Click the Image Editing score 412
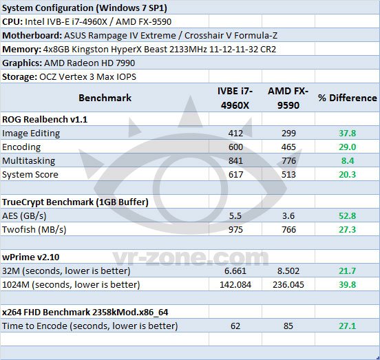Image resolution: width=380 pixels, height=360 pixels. [235, 134]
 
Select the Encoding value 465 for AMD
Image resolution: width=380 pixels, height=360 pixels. [288, 147]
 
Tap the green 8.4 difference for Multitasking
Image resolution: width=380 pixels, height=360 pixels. [348, 160]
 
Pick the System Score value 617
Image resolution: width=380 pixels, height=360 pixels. [235, 174]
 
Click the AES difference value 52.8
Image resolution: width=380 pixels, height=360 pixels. [347, 215]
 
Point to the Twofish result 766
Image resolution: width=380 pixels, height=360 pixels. [288, 229]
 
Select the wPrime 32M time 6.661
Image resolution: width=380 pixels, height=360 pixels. [235, 271]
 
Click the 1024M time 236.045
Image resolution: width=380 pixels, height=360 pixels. [288, 285]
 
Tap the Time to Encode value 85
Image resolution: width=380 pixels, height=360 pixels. [288, 326]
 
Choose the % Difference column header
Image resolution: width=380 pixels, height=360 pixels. [348, 98]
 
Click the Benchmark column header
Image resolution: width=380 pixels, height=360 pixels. [105, 98]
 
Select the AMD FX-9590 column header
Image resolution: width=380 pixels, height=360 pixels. [288, 98]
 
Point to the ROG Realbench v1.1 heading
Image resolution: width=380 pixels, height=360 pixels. [45, 120]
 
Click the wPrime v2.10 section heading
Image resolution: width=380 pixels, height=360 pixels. [30, 257]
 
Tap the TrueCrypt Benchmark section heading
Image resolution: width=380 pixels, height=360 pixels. [75, 202]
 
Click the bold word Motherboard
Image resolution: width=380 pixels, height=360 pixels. [32, 36]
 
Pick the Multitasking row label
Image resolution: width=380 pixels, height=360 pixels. [29, 161]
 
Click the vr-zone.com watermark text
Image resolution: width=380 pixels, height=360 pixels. [191, 258]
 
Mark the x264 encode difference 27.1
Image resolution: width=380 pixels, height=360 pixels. [347, 326]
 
